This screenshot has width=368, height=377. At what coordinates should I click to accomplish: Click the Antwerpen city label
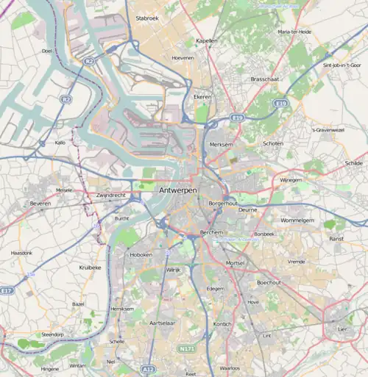coord(177,190)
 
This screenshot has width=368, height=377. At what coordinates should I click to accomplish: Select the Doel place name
coord(47,51)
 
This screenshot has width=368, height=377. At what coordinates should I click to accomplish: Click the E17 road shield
coord(7,290)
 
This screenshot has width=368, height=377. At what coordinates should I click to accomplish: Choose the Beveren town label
coord(40,201)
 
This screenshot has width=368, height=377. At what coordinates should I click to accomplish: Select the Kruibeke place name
coord(90,268)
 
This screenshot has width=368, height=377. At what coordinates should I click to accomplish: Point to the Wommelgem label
coord(297,220)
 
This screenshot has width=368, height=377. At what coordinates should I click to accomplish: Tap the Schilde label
coord(354,163)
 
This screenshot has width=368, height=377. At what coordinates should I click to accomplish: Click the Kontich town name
coord(222,324)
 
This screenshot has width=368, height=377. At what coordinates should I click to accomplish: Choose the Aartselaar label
coord(162,323)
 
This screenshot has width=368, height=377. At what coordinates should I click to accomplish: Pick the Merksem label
coord(222,145)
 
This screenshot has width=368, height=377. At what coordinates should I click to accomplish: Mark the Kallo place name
coord(62,143)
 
